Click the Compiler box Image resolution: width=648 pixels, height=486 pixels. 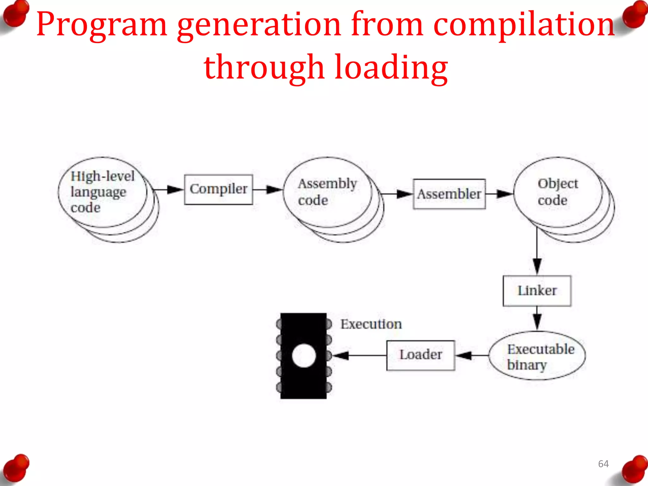pyautogui.click(x=218, y=190)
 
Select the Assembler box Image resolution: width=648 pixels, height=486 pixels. pyautogui.click(x=449, y=194)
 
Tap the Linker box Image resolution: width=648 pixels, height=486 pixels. pyautogui.click(x=537, y=291)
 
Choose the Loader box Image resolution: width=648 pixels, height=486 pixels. pyautogui.click(x=421, y=355)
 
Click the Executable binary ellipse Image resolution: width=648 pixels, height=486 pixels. pyautogui.click(x=537, y=356)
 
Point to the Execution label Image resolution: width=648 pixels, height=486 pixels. pyautogui.click(x=371, y=324)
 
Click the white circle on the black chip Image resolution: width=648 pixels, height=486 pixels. pyautogui.click(x=304, y=356)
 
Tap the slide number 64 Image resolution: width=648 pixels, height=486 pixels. pyautogui.click(x=603, y=464)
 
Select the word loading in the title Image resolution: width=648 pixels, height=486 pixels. pyautogui.click(x=391, y=67)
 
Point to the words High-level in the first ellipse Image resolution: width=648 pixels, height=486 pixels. pyautogui.click(x=103, y=176)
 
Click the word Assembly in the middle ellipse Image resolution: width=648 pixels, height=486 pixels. pyautogui.click(x=327, y=184)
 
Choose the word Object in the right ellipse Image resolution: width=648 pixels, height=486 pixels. pyautogui.click(x=558, y=184)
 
